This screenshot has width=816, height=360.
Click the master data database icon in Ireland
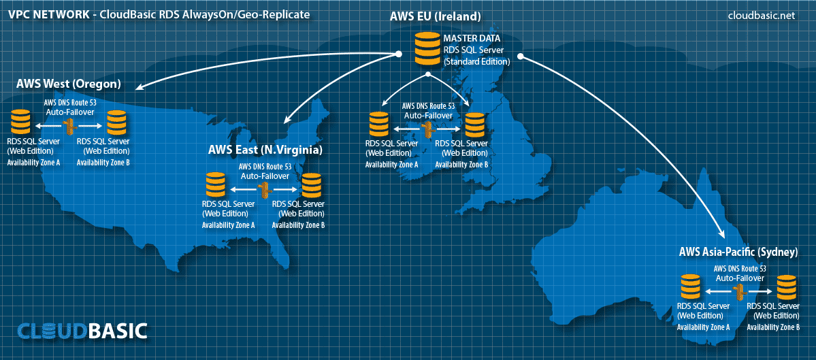pos(427,48)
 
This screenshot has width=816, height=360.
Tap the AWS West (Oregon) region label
pos(69,84)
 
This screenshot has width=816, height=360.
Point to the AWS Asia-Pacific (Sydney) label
pos(738,253)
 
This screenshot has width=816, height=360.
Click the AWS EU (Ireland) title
pos(435,16)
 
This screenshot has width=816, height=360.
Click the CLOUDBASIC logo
pos(82,330)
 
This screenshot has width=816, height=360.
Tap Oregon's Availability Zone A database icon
pos(21,122)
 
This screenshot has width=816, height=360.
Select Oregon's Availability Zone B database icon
pos(117,122)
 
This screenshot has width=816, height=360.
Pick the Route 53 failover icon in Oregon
pos(68,125)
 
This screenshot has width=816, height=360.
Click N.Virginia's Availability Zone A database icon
pos(215,184)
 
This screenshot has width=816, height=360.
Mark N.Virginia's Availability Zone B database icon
pos(311,184)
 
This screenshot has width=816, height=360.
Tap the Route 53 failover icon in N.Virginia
pos(264,189)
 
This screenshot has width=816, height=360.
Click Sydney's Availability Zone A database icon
pos(691,287)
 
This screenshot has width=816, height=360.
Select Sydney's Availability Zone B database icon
pos(786,287)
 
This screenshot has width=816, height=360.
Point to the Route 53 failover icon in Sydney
pos(738,291)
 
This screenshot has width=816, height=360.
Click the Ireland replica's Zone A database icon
pos(379,124)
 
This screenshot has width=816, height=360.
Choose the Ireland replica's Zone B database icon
pos(474,124)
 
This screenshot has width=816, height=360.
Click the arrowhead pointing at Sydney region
pos(722,233)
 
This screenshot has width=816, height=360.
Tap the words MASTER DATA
pos(472,39)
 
